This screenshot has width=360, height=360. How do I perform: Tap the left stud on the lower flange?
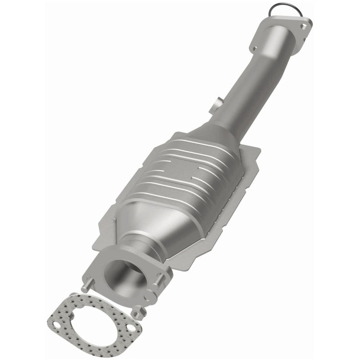tap(86, 284)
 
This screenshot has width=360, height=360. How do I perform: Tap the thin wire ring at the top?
tap(280, 9)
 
